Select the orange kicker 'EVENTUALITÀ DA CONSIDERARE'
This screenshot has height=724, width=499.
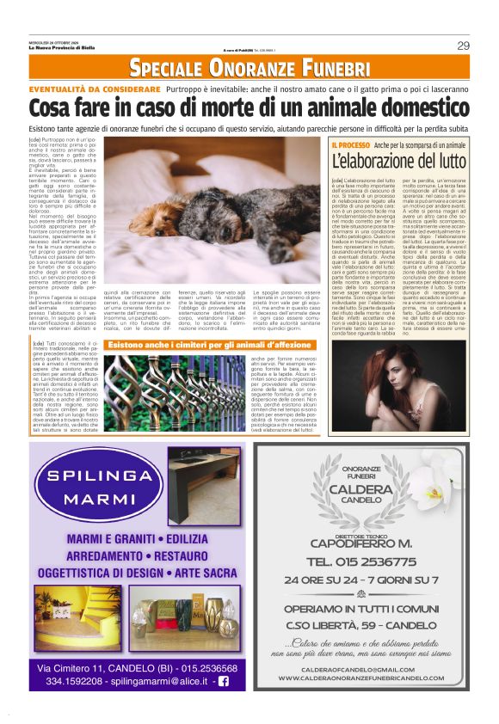tap(94, 89)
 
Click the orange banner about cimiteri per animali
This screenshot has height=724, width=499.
tap(210, 344)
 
